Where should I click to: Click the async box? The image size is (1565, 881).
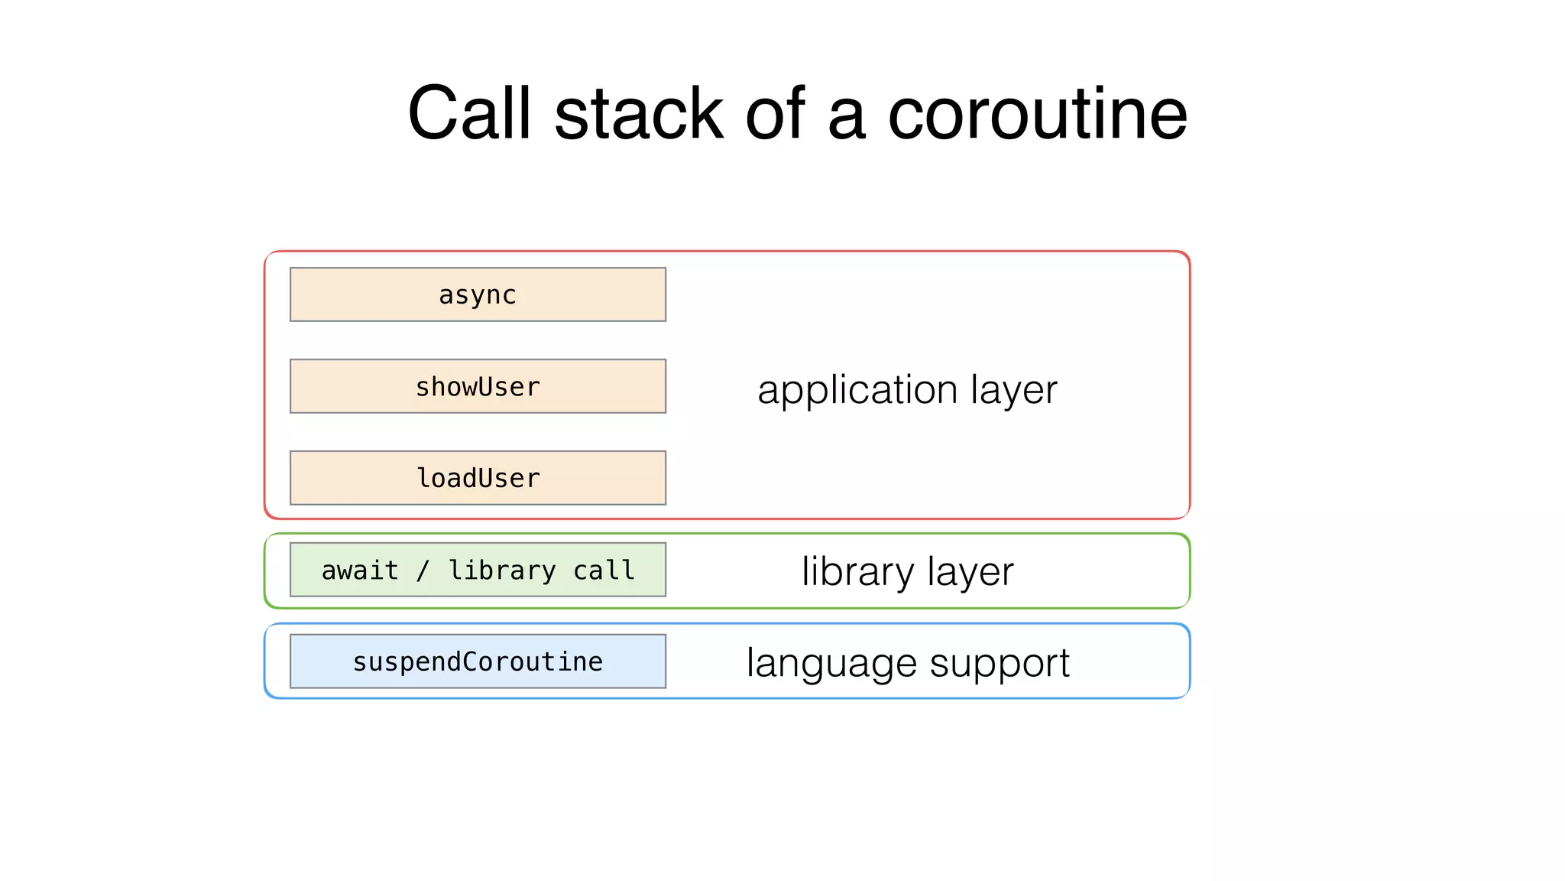tap(478, 294)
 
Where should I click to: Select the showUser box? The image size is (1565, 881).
tap(478, 386)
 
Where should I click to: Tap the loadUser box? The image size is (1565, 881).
tap(478, 478)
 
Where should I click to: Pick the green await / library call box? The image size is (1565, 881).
tap(478, 570)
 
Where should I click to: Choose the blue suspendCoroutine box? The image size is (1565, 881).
tap(478, 662)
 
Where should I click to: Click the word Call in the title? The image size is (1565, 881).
tap(469, 113)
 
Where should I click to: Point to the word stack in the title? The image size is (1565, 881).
tap(639, 113)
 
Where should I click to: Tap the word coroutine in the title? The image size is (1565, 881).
tap(1037, 113)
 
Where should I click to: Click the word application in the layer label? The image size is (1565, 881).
tap(857, 390)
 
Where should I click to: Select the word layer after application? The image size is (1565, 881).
tap(1014, 390)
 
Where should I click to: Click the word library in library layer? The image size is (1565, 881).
tap(857, 571)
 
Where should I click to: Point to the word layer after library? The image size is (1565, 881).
tap(970, 571)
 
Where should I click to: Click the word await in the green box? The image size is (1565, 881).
tap(360, 571)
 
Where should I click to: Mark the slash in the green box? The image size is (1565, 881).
tap(423, 571)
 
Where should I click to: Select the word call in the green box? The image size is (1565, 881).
tap(604, 571)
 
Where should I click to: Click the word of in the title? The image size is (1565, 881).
tap(775, 113)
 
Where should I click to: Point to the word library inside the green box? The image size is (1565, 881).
tap(502, 571)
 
